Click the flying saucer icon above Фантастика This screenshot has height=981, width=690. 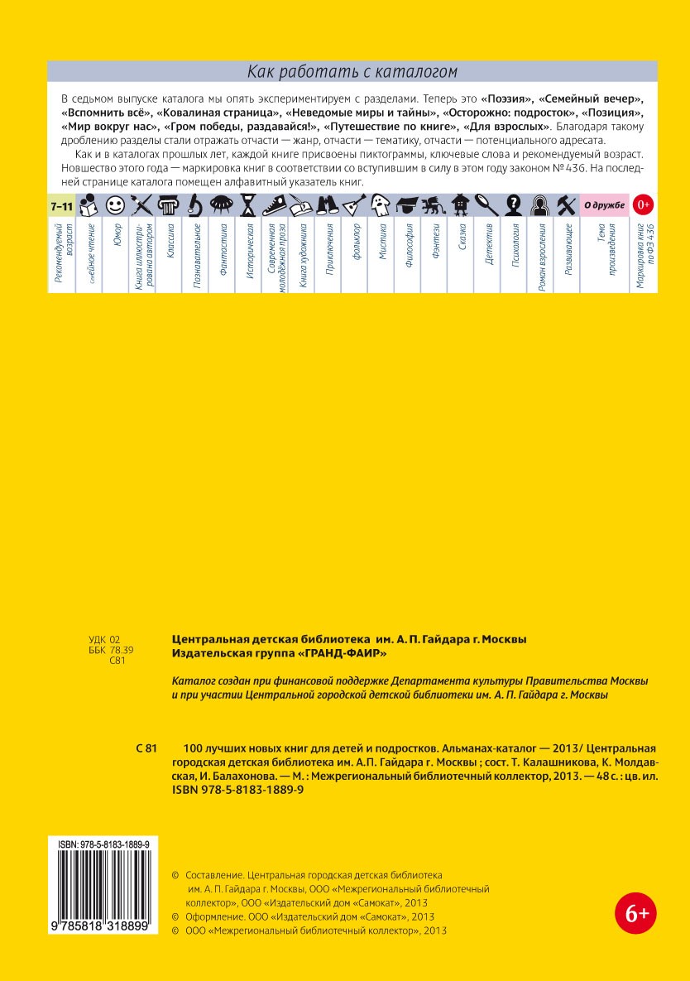tap(221, 204)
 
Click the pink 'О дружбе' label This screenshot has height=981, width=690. tap(605, 204)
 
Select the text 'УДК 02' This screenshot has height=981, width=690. tap(104, 639)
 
